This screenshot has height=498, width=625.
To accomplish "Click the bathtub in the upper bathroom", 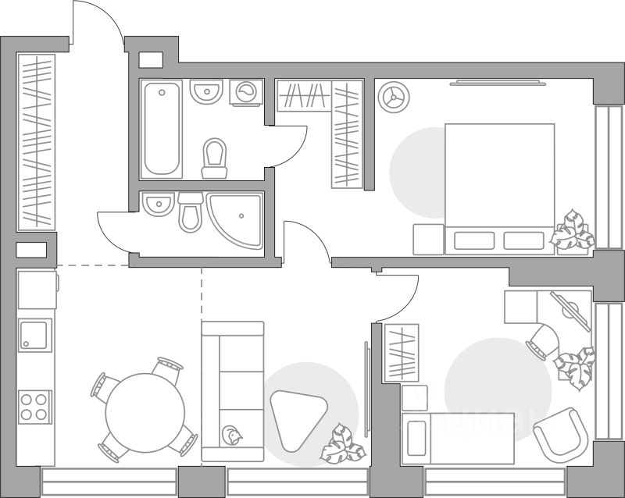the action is (162, 129).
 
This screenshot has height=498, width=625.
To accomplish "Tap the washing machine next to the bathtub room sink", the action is (248, 92).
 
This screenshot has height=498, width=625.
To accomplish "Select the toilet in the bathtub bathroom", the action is (214, 158).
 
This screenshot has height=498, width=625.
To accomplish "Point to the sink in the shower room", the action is (159, 205).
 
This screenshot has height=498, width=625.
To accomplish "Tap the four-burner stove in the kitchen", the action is (34, 406).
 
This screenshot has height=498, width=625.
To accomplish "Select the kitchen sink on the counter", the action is (35, 336).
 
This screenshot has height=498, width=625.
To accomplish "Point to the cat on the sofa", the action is (232, 435).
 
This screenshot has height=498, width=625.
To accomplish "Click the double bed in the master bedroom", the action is (499, 187).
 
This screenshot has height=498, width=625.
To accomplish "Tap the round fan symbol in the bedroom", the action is (392, 97).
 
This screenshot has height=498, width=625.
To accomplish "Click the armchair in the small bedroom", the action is (560, 435).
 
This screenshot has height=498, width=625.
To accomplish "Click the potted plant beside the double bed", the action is (573, 232).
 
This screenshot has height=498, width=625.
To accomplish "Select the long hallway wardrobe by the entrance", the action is (36, 141).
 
